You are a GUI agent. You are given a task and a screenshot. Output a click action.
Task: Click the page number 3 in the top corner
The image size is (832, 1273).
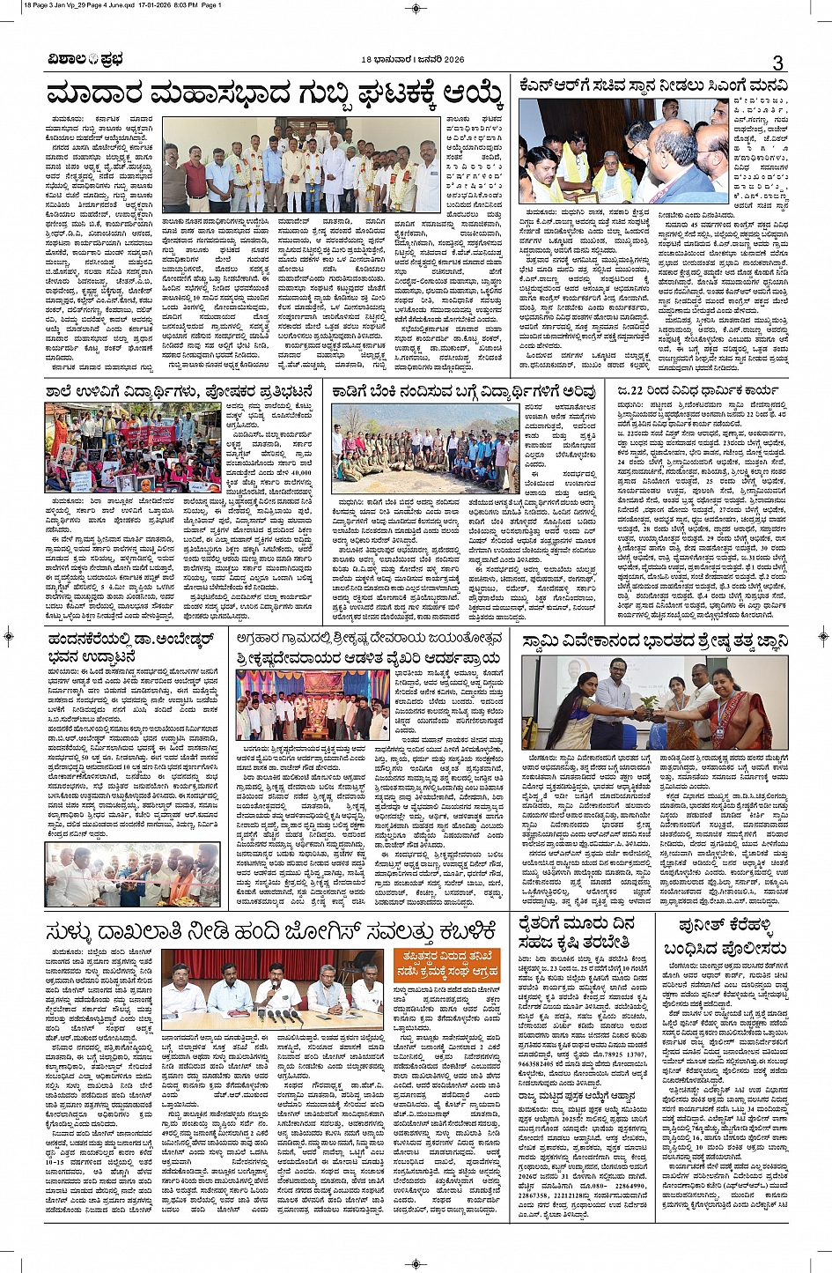(777, 62)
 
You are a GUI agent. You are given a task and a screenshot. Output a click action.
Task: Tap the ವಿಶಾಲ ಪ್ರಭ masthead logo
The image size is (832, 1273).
(85, 60)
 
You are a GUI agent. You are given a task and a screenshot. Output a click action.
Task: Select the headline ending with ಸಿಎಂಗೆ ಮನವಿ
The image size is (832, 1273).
(653, 86)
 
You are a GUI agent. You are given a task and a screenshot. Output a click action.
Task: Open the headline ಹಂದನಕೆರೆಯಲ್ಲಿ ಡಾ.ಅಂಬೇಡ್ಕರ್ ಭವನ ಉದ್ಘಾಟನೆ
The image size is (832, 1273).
(132, 648)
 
